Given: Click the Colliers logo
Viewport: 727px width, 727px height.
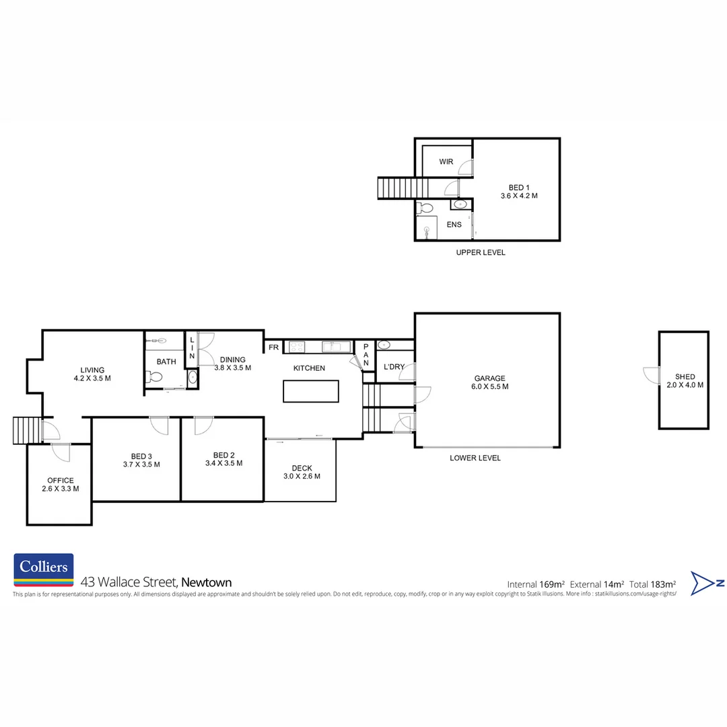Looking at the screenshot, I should tap(44, 570).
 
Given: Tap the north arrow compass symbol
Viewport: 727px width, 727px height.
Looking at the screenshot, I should tap(707, 583).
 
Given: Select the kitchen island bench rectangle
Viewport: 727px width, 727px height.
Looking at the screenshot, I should tap(311, 391).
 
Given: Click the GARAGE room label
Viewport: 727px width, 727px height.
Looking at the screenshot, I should tap(489, 378).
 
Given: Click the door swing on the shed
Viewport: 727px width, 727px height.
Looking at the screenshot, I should tap(652, 376).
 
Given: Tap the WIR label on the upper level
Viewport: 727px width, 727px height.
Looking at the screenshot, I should tap(446, 162).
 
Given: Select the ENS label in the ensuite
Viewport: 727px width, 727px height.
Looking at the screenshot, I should tap(454, 224).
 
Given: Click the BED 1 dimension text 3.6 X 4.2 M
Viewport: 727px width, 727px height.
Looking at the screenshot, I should tap(519, 196).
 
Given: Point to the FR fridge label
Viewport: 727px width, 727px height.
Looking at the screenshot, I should tap(273, 347).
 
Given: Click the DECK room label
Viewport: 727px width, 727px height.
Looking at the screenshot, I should tap(301, 469).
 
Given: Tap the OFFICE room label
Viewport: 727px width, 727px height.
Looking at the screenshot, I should tap(60, 481).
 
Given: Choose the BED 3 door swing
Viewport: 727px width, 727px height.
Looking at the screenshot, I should tap(159, 425).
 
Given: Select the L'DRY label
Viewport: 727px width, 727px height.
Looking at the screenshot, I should tap(394, 367).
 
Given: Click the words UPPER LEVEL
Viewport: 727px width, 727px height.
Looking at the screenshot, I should tap(480, 252).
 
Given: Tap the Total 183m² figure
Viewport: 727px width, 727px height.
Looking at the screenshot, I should tap(652, 584).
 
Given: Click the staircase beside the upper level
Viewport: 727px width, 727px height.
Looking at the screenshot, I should tap(403, 188).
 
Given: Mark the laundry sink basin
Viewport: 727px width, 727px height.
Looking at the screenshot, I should tap(384, 345).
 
